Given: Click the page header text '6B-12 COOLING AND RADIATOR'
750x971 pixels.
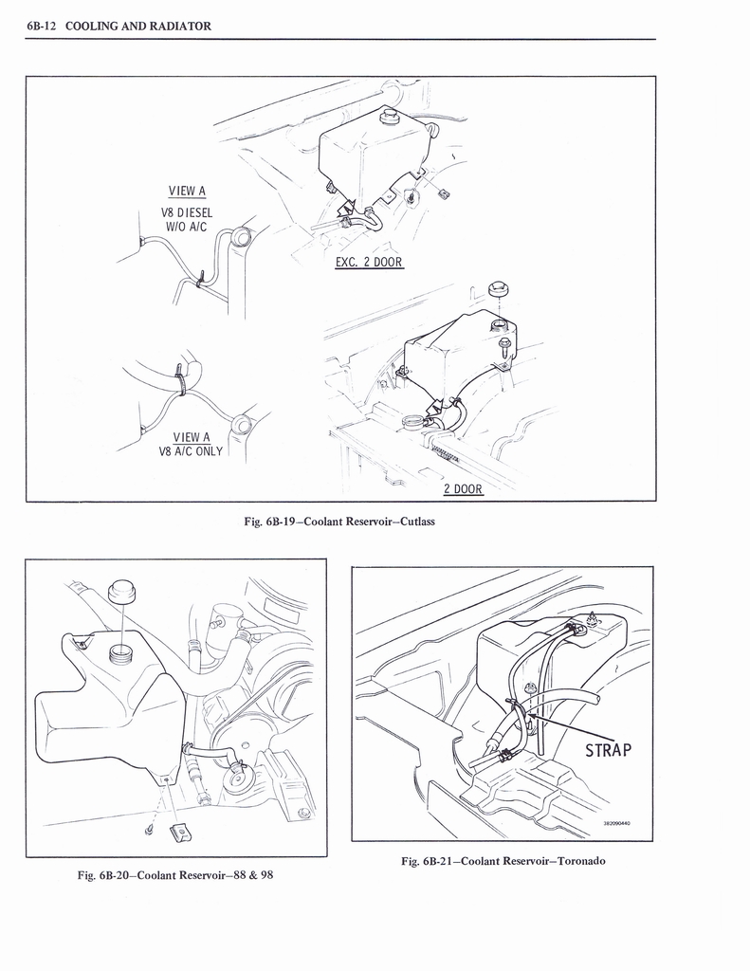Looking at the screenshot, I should point(119,26).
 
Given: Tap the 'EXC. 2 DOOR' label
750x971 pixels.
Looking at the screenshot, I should point(369,262).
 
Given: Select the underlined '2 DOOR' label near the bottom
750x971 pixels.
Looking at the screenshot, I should point(463,489).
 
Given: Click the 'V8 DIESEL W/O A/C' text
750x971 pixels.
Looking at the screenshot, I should point(188,219).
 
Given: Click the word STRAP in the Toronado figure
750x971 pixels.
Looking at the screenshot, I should point(608,752).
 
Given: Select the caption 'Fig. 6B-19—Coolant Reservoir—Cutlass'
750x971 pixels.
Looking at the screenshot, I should point(339,522).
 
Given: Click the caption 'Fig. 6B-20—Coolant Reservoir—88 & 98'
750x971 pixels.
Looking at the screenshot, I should point(175,874).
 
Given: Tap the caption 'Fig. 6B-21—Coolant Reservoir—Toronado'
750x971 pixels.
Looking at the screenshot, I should point(503,861).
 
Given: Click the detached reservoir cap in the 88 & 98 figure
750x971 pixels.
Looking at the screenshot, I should point(122,592).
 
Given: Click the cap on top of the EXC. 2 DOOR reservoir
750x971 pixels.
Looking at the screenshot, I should point(388,118).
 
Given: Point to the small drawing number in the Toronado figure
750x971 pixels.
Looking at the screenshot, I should point(616,823).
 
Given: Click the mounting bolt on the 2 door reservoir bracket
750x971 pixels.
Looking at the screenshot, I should point(504,345).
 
